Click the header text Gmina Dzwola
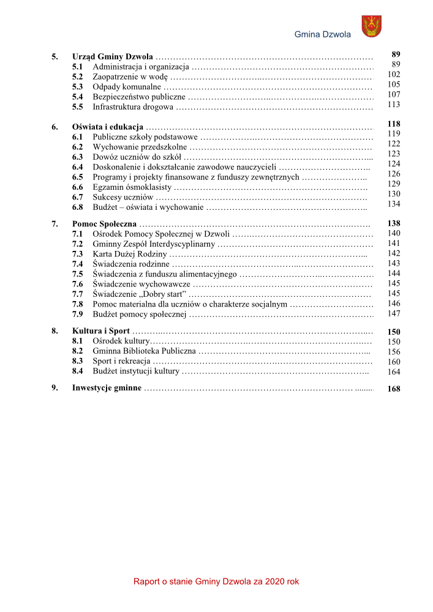point(323,34)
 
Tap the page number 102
point(394,74)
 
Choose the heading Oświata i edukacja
point(108,127)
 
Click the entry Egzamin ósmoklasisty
point(132,187)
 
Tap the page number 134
point(394,204)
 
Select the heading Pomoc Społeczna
point(104,224)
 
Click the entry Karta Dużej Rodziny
point(129,253)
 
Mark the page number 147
point(394,313)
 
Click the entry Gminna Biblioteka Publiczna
point(144,351)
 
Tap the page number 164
point(394,371)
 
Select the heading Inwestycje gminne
point(107,388)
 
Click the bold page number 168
point(394,389)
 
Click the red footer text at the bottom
point(216,581)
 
